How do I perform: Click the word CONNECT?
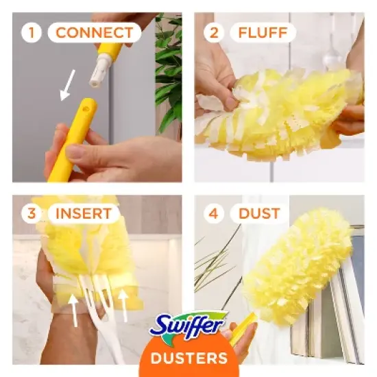(94, 32)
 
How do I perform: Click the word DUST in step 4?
(259, 213)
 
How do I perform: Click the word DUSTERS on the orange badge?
(188, 358)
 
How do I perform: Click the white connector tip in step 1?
(101, 71)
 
